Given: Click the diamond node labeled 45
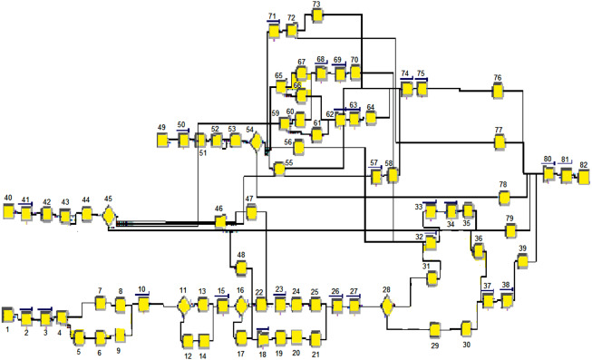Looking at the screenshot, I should [x=108, y=215].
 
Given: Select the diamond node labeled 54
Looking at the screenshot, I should [x=257, y=142].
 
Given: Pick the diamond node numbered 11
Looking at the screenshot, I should [x=184, y=306].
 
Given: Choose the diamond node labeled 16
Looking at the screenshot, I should [x=241, y=306].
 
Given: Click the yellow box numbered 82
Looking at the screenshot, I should [x=584, y=175].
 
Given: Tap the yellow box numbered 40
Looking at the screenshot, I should [x=8, y=211].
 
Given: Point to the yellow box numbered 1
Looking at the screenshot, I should [x=7, y=316].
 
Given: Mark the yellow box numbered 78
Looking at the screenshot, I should [x=506, y=199].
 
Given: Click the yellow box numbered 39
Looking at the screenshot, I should [x=522, y=262].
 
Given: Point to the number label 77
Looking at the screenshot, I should [x=499, y=131].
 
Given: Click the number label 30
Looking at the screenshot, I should [x=466, y=345].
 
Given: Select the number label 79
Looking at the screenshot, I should [x=510, y=219].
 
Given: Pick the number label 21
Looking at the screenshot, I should [x=315, y=354].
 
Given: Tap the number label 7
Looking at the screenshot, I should [x=100, y=290].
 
